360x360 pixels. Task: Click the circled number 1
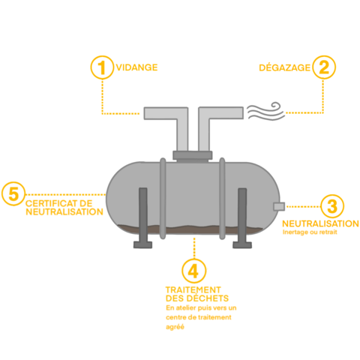coord(102,67)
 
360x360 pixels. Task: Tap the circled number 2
coord(324,67)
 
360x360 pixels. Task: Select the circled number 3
coord(332,206)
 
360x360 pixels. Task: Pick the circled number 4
coord(194,271)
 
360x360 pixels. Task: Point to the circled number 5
coord(13,193)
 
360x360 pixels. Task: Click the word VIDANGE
coord(136,67)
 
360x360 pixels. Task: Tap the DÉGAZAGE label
coord(284,67)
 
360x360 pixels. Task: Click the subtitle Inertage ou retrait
coord(310,232)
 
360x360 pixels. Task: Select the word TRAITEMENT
coord(193,290)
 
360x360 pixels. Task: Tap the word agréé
coord(175,327)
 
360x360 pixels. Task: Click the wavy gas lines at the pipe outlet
coord(266,111)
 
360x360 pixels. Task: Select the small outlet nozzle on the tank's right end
coord(279,206)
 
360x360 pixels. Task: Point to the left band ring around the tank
coord(163,198)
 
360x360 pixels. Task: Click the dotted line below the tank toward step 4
coord(194,248)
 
